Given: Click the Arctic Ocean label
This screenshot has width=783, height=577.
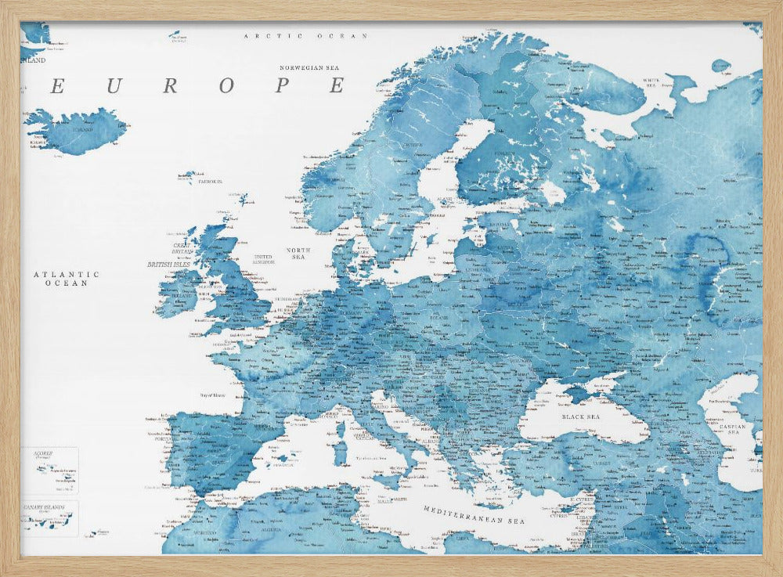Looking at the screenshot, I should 305,36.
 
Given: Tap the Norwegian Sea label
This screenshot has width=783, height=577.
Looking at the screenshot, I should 312,67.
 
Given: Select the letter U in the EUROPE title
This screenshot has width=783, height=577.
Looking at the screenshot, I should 114,86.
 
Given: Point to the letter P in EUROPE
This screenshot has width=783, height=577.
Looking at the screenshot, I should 281,86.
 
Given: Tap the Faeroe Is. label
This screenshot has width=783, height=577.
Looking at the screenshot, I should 210,181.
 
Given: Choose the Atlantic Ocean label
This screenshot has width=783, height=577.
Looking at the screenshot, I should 66,278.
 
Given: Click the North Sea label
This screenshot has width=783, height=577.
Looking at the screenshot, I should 298,253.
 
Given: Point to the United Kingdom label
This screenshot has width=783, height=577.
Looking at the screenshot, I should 263,259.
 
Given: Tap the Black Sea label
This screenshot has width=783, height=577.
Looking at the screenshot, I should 580,417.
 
